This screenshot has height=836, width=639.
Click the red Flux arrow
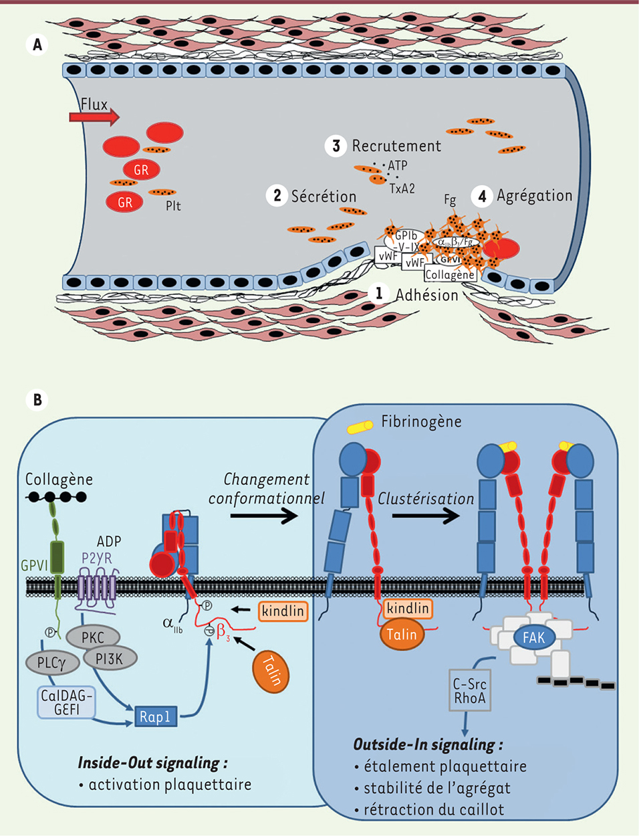[x=94, y=118]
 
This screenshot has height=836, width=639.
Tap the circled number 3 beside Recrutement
[x=336, y=146]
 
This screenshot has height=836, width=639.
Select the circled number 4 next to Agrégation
[x=482, y=196]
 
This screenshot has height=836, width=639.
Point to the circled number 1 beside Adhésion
[x=379, y=293]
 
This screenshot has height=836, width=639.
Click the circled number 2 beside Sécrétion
[x=277, y=195]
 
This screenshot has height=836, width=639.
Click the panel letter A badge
[x=37, y=44]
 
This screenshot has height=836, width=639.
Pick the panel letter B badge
[x=37, y=399]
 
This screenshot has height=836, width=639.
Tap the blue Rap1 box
[x=155, y=717]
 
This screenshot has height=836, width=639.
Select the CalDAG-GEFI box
[x=66, y=703]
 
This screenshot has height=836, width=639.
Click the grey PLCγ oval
[x=52, y=663]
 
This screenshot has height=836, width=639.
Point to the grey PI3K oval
[x=111, y=659]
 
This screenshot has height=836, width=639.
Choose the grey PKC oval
[x=93, y=637]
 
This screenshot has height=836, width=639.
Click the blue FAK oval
[x=533, y=637]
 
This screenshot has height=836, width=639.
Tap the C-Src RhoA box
[x=470, y=690]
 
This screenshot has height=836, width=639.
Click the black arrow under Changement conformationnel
[x=264, y=515]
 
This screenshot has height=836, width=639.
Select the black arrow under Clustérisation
[x=426, y=516]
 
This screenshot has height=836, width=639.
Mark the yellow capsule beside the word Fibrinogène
[x=360, y=426]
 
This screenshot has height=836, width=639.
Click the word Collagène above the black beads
[x=59, y=479]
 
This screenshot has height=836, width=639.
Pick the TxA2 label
[x=402, y=189]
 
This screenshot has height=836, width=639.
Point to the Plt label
[x=173, y=206]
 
